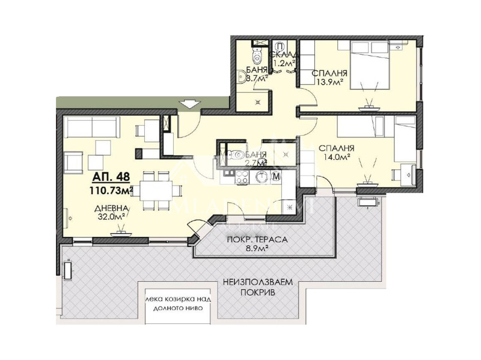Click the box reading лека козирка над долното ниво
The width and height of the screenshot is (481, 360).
pos(173,302)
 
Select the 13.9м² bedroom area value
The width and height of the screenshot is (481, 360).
pos(327,83)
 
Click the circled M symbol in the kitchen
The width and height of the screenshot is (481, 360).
pos(276,177)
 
